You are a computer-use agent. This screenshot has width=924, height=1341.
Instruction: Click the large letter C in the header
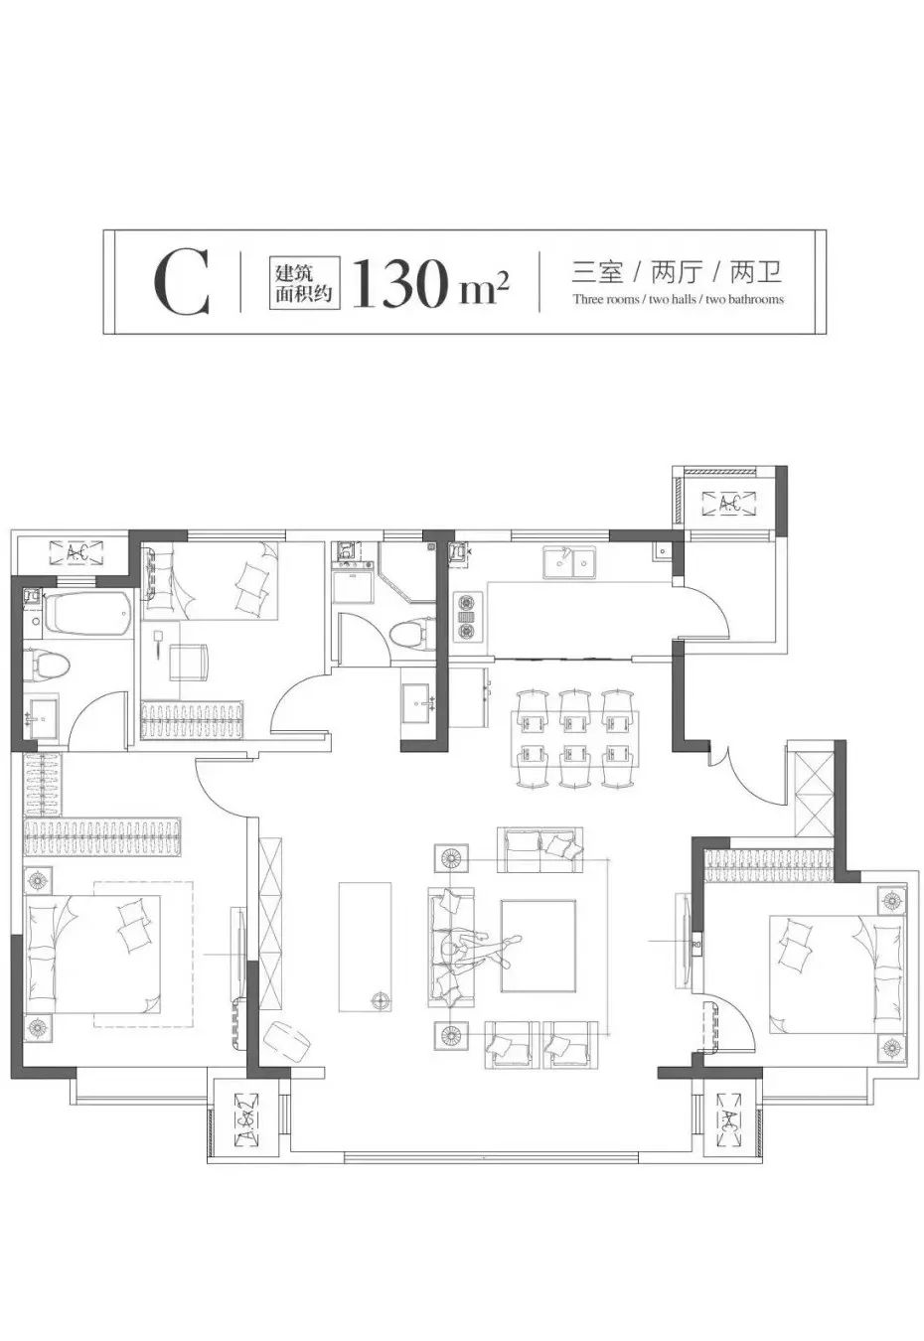182,284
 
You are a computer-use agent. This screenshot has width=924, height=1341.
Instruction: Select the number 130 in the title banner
397,284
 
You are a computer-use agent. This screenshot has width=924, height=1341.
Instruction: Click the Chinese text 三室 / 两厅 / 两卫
678,271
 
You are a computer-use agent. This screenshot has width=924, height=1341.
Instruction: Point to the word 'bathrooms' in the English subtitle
744,299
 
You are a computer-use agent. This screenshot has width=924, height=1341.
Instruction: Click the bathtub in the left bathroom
88,614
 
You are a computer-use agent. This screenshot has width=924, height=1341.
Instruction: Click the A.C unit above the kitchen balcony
728,504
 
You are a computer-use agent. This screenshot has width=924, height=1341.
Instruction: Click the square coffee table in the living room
538,945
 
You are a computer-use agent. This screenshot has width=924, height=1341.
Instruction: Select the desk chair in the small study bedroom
189,662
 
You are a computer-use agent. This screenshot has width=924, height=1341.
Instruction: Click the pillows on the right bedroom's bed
796,945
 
